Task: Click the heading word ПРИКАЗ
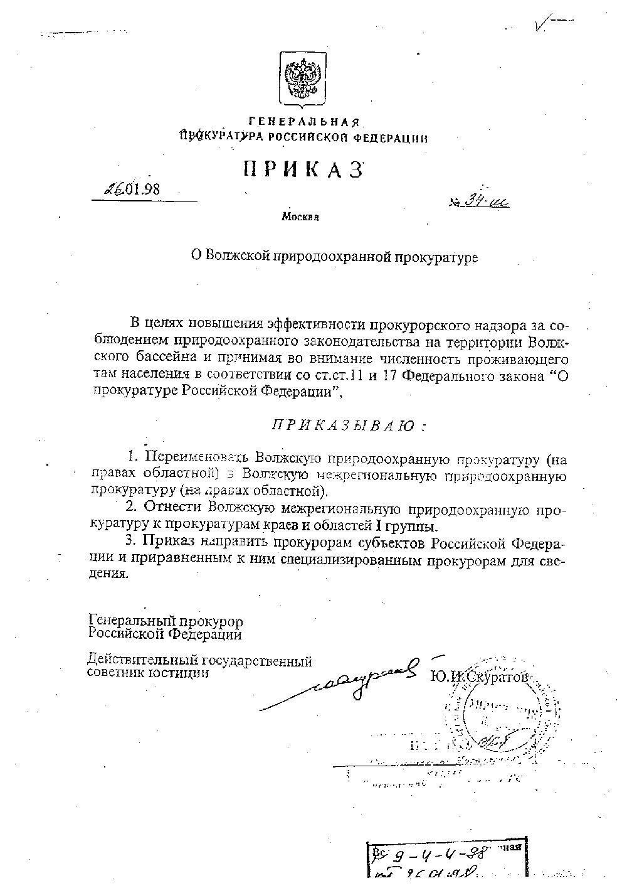[303, 170]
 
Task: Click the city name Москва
[300, 217]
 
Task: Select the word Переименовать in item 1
[187, 456]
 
